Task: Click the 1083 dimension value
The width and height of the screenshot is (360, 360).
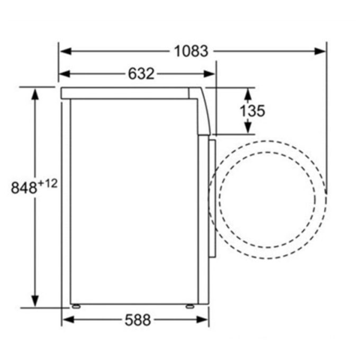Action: pos(191,51)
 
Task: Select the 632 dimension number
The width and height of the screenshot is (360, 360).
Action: pos(141,74)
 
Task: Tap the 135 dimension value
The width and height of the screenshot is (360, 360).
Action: pos(252,111)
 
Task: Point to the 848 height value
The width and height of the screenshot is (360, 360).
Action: pos(24,187)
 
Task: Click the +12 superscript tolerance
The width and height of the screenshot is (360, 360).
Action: pos(47,183)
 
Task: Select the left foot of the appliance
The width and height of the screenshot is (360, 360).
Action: pos(76,306)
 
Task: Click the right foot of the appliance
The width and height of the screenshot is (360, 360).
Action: pos(190,306)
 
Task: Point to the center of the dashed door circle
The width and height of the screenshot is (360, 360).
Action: pos(267,200)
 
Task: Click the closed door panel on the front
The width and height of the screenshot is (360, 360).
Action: pos(212,198)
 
